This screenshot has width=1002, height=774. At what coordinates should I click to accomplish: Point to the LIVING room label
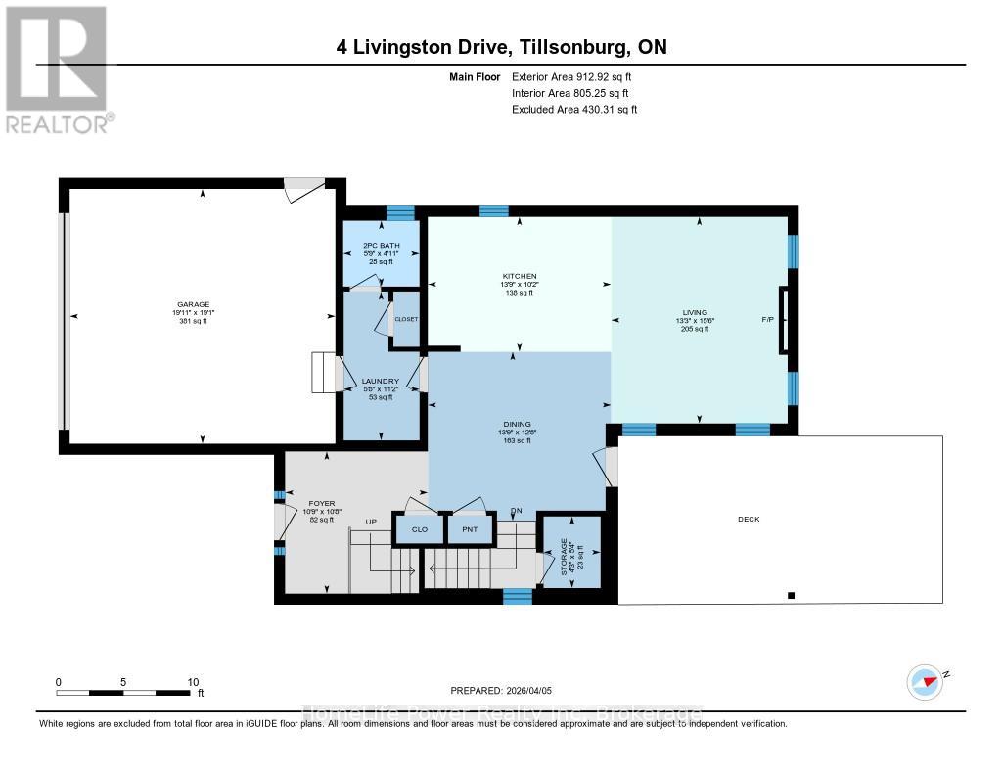pos(695,312)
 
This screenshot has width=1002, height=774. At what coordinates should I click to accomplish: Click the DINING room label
pos(518,424)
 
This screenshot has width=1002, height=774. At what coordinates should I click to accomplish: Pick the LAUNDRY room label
pos(378,381)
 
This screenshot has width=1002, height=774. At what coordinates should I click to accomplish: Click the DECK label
pos(749,520)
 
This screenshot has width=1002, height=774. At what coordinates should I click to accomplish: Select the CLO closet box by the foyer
pos(419,529)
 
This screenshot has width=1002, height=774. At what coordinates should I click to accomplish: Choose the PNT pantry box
pos(469,529)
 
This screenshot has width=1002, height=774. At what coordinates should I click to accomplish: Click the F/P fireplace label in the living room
pos(766,320)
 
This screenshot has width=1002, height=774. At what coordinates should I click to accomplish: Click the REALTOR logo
pos(58,68)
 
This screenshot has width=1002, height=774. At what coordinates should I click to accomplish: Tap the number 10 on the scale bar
pos(193,682)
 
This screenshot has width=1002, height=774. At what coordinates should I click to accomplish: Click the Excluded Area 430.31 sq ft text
pos(574,110)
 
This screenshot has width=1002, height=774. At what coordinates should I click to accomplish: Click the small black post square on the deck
pos(791,595)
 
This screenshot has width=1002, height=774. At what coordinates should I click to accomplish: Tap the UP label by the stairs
pos(371,522)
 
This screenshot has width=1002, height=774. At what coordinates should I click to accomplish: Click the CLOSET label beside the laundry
pos(405,319)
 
